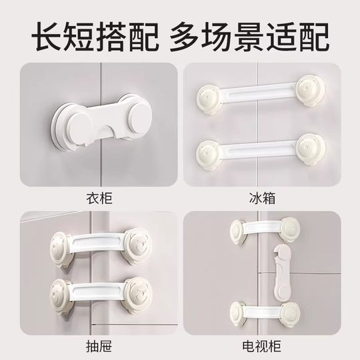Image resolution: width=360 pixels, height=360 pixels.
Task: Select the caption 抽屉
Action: pos(93,346)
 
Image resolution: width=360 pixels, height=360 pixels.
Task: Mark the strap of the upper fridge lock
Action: pos(257,95)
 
